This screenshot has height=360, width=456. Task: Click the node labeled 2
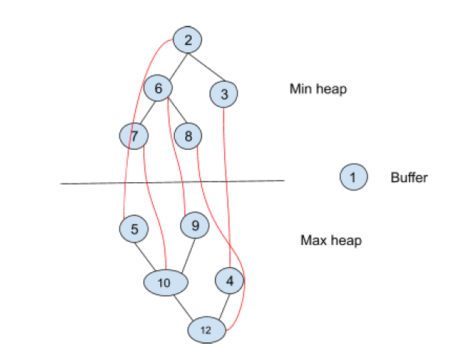coord(187,40)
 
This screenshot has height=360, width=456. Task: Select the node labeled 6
coord(158,88)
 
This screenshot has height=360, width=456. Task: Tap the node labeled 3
coord(224,94)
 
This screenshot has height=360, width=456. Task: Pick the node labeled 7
coord(134,135)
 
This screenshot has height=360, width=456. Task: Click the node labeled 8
coord(189,136)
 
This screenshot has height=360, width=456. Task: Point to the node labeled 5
coord(134,229)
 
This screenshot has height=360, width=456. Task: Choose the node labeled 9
coord(195,226)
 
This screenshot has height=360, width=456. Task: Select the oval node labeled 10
coord(165,282)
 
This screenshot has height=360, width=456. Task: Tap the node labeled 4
coord(229,280)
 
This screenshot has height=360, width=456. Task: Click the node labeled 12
coord(206,330)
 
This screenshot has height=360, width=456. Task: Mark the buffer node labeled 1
coord(353,177)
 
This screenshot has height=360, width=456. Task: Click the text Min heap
coord(318,89)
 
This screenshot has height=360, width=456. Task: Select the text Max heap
coord(331,240)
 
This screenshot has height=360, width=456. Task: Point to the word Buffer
coord(409,178)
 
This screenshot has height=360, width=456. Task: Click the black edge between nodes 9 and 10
coord(182,253)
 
